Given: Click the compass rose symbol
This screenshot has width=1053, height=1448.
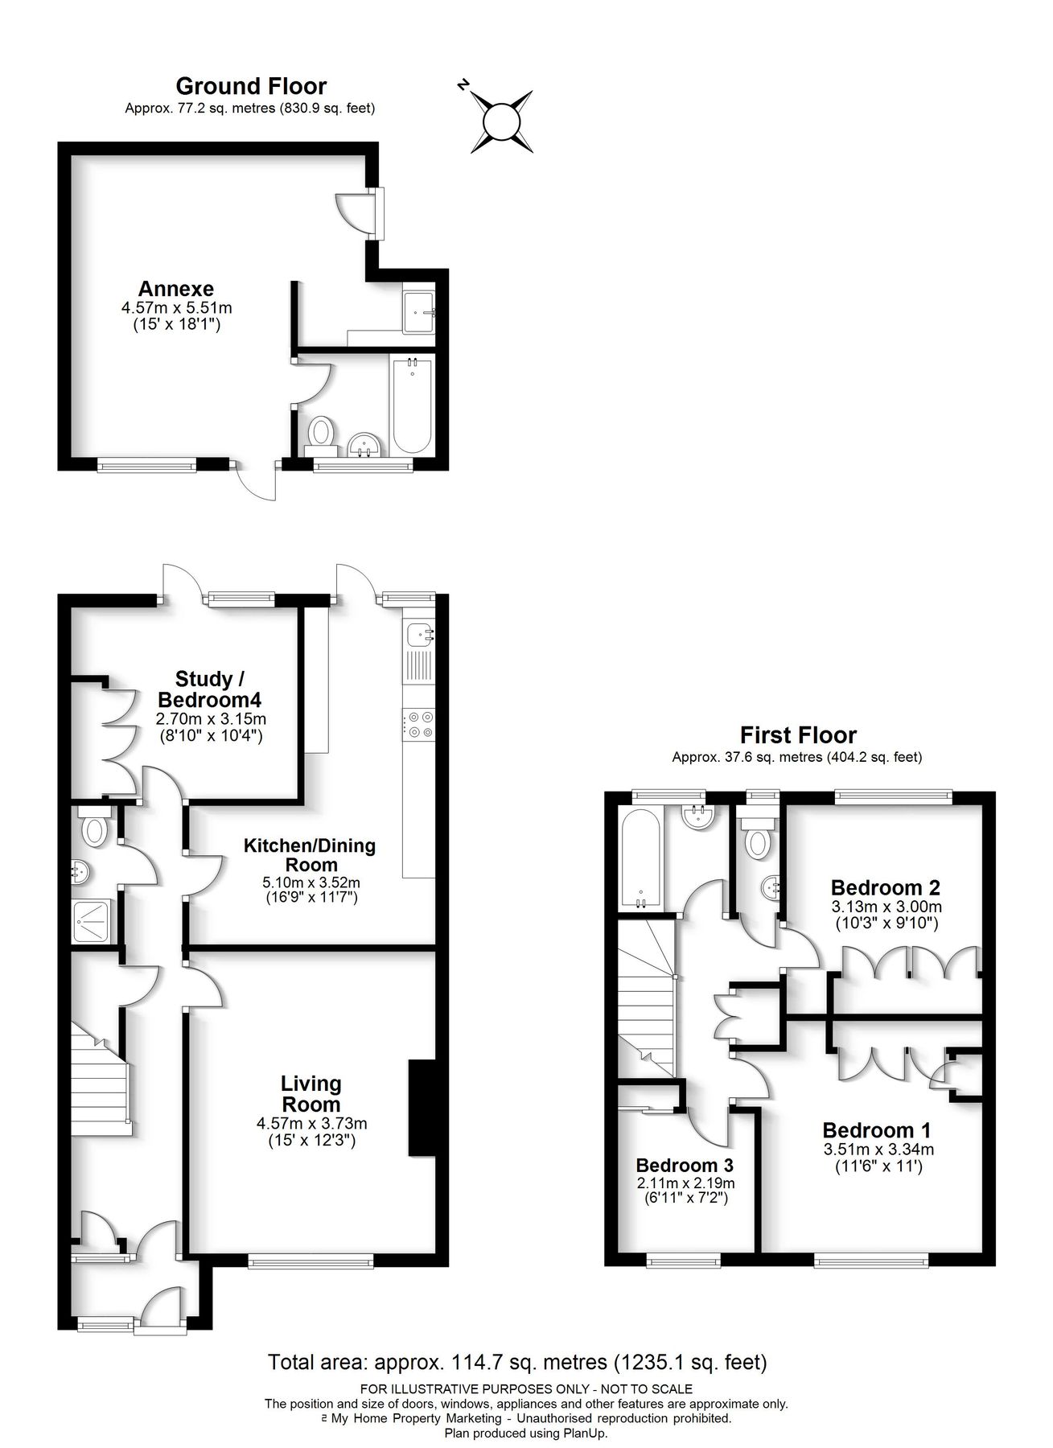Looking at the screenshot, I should click(x=502, y=121).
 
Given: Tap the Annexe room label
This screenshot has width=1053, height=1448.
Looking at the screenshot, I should click(x=175, y=289).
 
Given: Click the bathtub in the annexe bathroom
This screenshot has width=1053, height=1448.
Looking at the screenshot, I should click(x=412, y=408).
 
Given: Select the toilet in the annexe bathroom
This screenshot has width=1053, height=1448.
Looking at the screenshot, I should click(x=322, y=432).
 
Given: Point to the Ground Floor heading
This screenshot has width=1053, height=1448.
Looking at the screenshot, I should click(x=251, y=86).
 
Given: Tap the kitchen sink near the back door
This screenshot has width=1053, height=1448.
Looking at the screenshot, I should click(x=419, y=635).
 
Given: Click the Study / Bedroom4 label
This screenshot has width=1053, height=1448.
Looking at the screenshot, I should click(x=211, y=689).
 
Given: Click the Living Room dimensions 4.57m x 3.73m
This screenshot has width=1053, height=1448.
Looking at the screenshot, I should click(x=311, y=1124).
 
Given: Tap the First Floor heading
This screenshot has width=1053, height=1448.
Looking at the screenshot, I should click(x=798, y=734).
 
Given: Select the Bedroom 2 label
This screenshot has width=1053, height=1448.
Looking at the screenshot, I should click(x=885, y=888).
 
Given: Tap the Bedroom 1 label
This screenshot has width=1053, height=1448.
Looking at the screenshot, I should click(x=877, y=1129).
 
